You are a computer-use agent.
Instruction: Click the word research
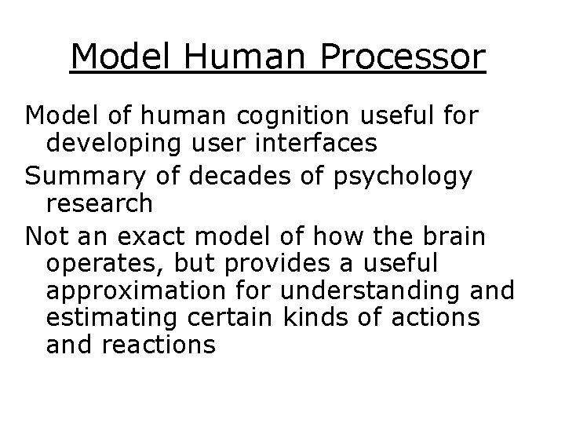(x=100, y=203)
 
